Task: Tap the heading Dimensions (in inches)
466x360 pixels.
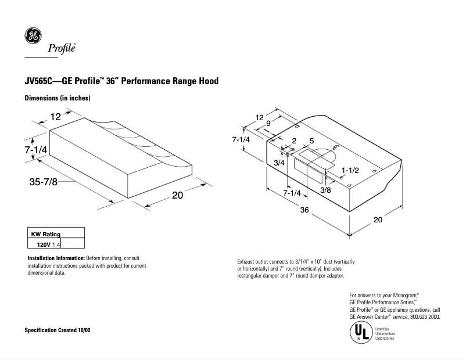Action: (58, 98)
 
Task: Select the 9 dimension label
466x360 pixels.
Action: (267, 123)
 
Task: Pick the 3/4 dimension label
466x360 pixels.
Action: (279, 163)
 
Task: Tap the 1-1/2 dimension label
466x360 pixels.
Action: (351, 170)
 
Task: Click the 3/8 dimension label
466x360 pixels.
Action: (326, 190)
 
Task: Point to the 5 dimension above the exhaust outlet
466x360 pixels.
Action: (311, 141)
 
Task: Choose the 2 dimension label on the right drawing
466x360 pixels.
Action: (294, 141)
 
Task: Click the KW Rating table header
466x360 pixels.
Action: (45, 234)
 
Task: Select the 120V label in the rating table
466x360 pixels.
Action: (44, 244)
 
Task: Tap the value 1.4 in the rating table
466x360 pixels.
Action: (56, 244)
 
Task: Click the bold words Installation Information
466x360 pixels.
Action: (56, 258)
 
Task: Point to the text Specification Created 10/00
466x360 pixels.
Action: (57, 330)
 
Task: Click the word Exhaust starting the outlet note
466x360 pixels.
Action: (248, 262)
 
